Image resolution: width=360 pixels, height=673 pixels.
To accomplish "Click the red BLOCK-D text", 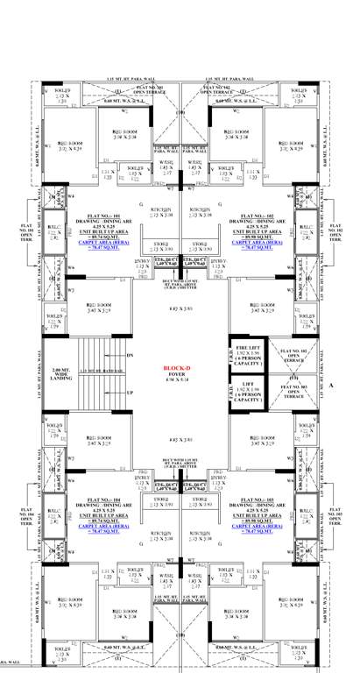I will (x=178, y=369).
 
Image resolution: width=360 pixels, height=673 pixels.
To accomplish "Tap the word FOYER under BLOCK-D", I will (x=178, y=376).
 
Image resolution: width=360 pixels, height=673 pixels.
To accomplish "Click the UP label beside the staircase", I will (x=130, y=393).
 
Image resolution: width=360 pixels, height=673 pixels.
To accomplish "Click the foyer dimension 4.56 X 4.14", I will (x=178, y=382).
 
